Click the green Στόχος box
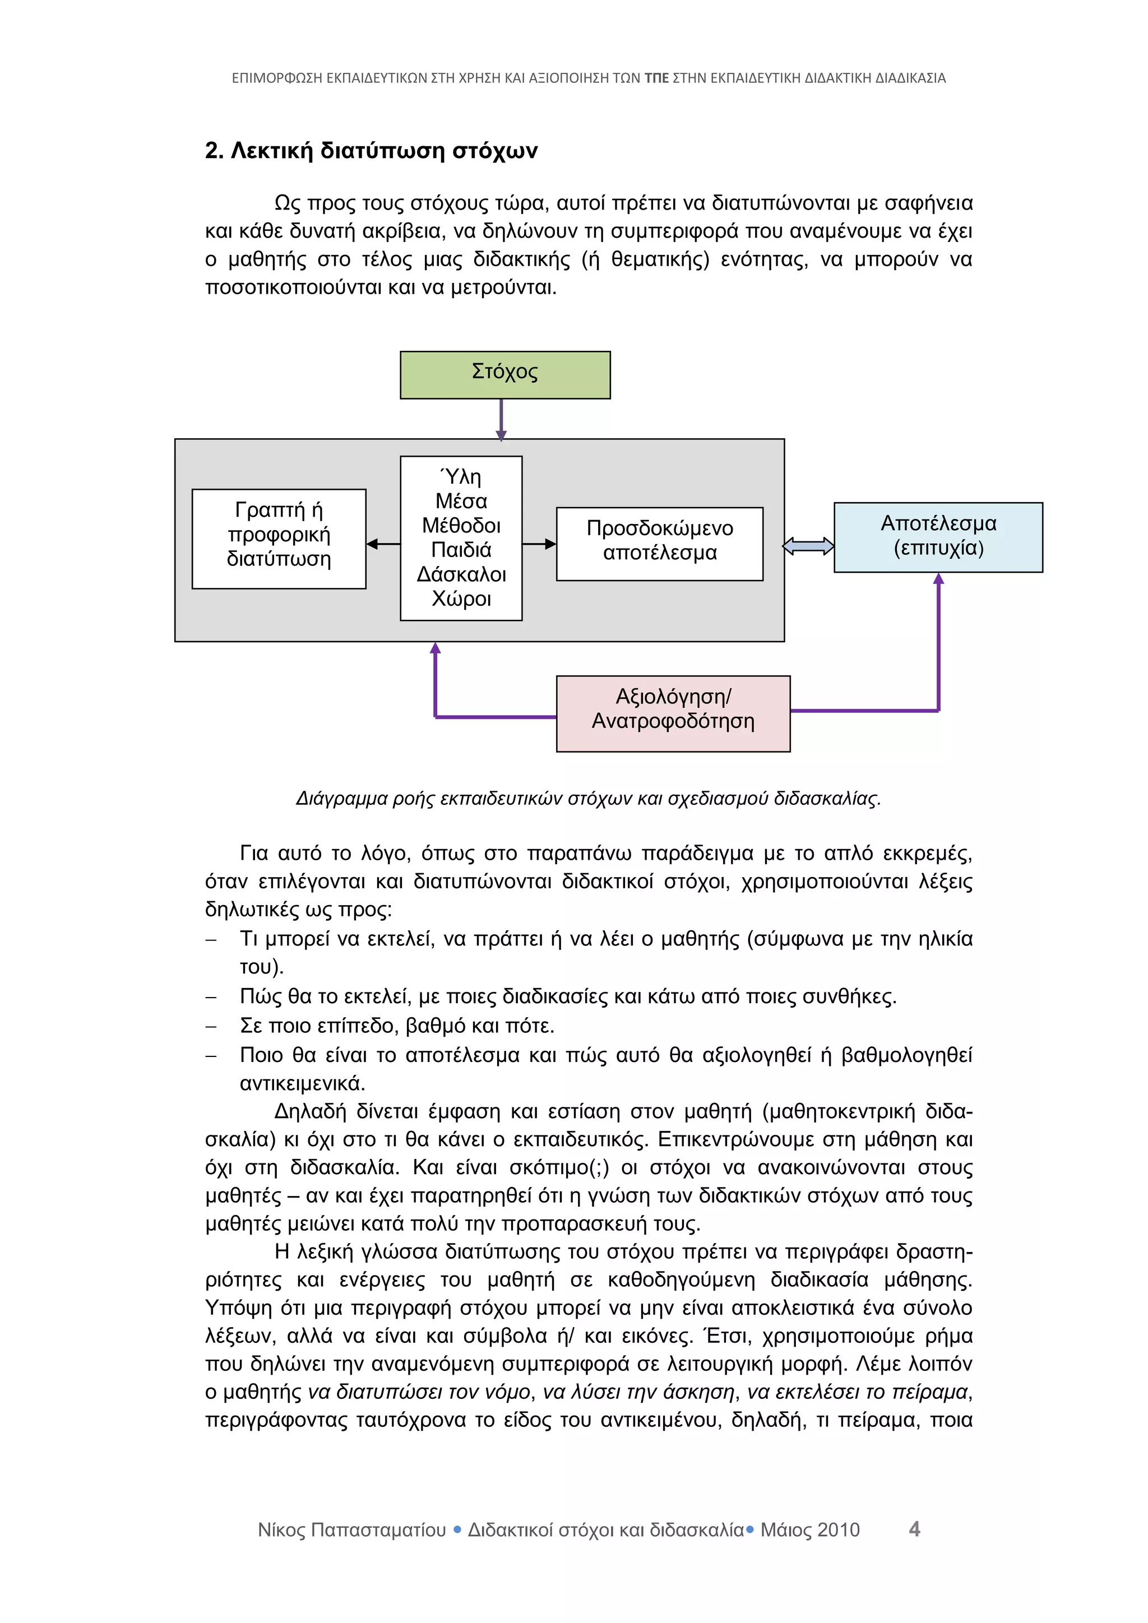[504, 375]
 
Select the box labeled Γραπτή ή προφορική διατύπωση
[279, 538]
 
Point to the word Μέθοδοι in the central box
[461, 525]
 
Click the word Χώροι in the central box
[461, 599]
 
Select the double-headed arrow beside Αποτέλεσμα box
[809, 546]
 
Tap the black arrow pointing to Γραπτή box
[382, 544]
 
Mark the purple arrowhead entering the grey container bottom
[435, 648]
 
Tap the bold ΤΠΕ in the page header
[656, 78]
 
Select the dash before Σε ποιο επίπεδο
[211, 1026]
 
